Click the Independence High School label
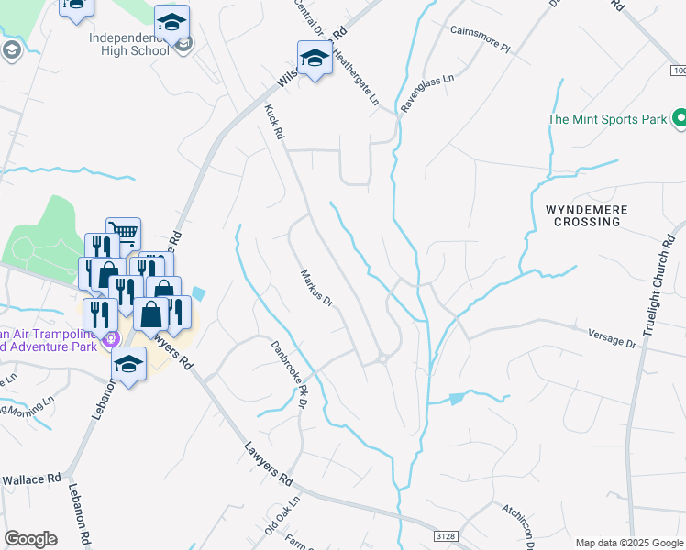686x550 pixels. tap(129, 44)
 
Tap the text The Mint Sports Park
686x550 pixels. tap(606, 119)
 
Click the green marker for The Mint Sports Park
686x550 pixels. tap(679, 118)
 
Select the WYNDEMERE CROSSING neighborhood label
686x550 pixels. tap(587, 216)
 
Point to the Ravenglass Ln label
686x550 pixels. tap(420, 95)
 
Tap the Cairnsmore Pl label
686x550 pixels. tap(479, 43)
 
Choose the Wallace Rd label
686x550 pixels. tap(30, 479)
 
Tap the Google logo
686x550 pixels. tap(30, 538)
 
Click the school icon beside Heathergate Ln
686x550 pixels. tap(315, 59)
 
